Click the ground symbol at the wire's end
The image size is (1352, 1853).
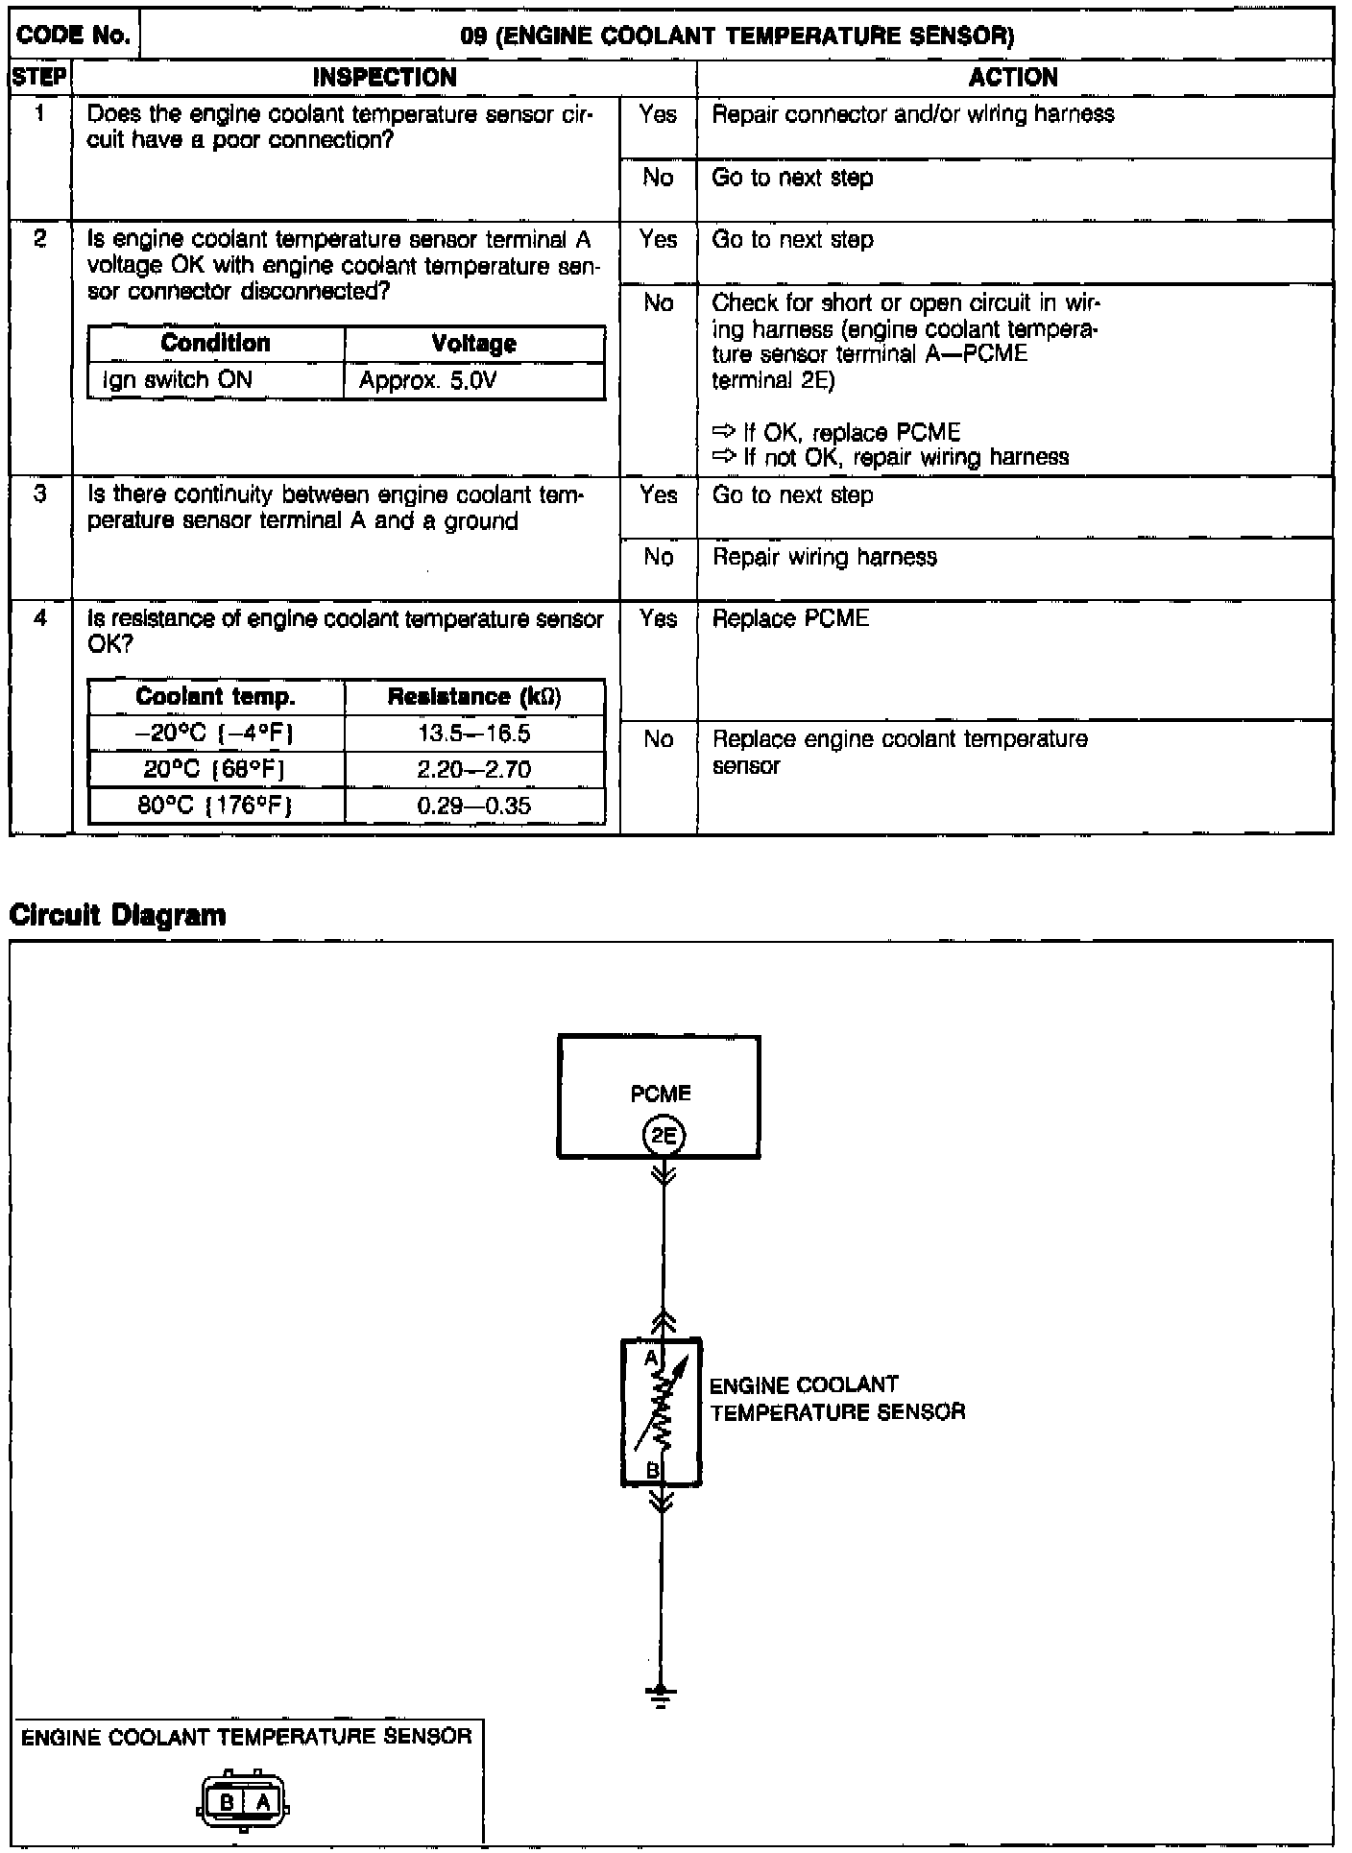(660, 1697)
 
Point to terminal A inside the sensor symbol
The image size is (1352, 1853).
(650, 1358)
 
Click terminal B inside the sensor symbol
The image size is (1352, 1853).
(651, 1470)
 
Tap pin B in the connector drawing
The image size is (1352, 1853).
(228, 1802)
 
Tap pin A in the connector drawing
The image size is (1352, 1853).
(262, 1802)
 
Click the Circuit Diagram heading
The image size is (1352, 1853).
(117, 915)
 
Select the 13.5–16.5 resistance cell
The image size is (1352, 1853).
(474, 734)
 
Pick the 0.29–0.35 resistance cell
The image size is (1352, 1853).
(474, 806)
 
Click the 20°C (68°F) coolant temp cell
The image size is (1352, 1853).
(216, 770)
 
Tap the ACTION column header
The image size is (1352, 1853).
(1013, 78)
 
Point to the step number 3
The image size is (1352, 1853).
(40, 495)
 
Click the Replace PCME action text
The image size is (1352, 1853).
(790, 619)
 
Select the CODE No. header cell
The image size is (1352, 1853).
(74, 36)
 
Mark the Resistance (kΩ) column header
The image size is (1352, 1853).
(474, 697)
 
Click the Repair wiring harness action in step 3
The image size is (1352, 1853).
(824, 558)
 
